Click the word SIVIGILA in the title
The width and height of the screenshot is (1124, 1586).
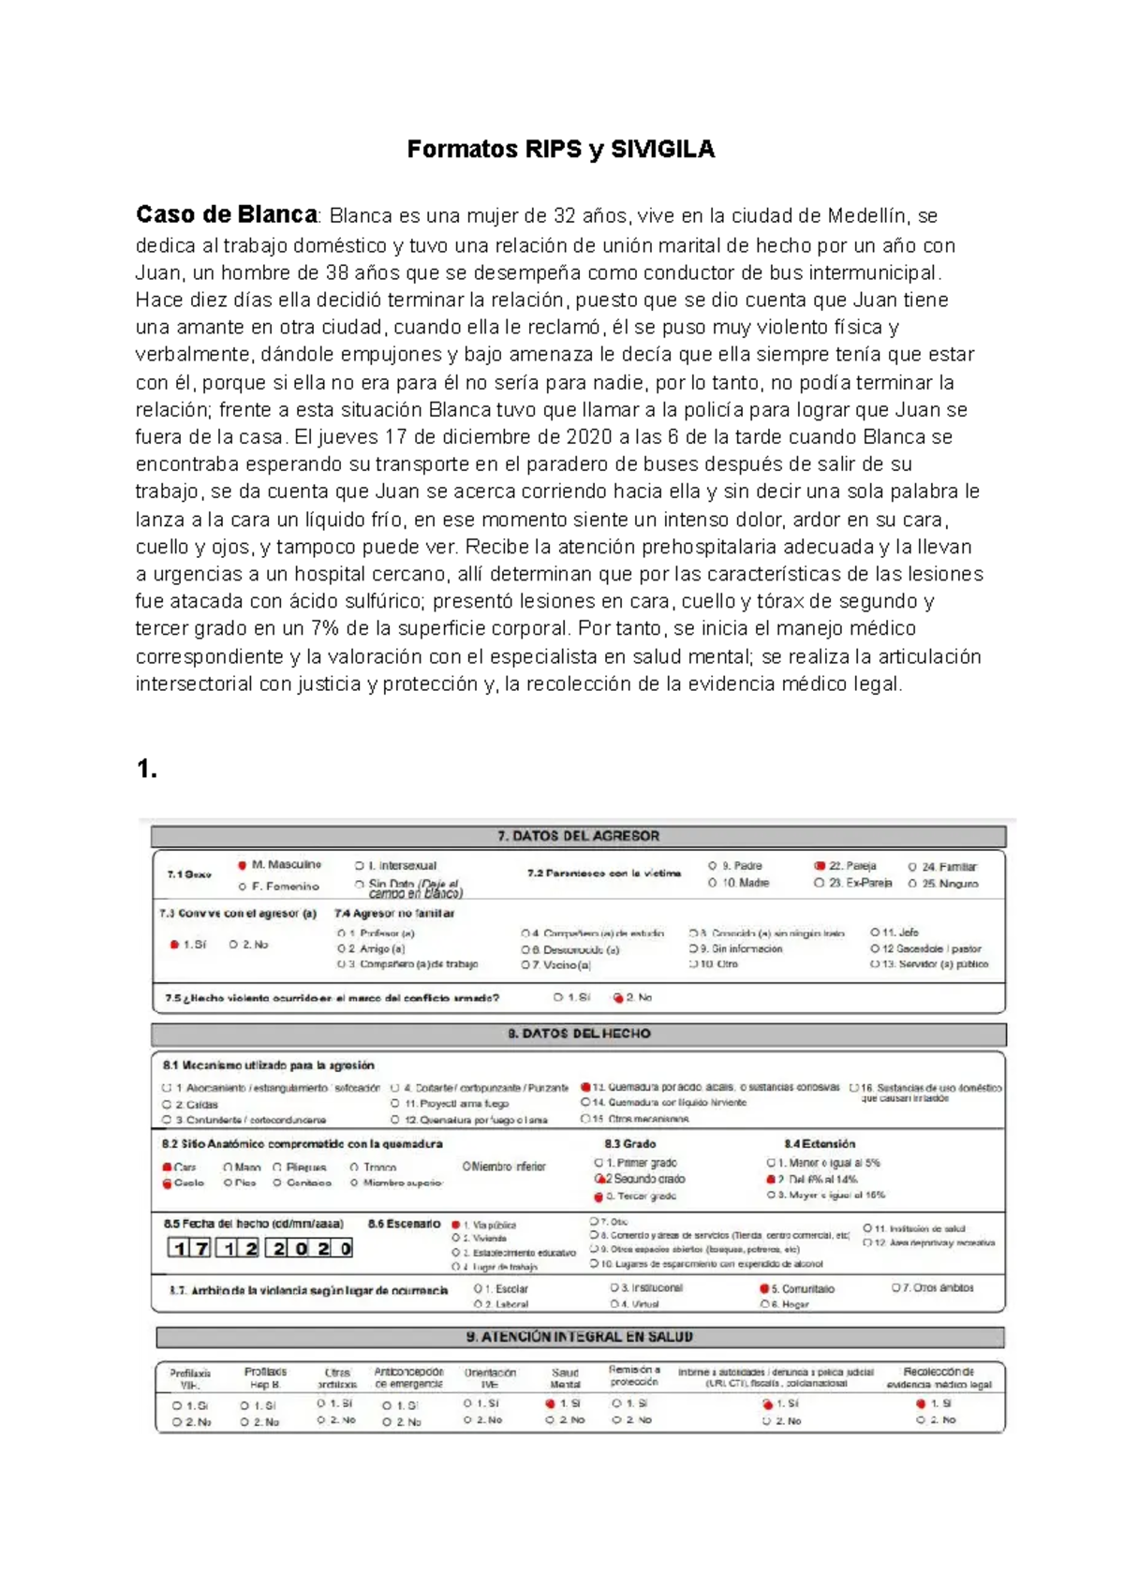tap(662, 150)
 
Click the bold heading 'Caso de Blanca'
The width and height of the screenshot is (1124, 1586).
tap(227, 214)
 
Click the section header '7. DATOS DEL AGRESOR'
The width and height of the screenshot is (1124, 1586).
tap(578, 836)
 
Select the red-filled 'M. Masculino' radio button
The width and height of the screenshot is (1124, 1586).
tap(242, 865)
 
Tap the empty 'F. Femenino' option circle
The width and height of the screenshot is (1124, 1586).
tap(242, 887)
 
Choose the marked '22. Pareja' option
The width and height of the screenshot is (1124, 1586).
tap(820, 866)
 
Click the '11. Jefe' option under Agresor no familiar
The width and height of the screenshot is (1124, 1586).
tap(900, 933)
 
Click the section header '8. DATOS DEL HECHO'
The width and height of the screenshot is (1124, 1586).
tap(578, 1034)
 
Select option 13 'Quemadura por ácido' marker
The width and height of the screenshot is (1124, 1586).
tap(585, 1088)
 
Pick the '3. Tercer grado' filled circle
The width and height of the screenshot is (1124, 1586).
tap(598, 1197)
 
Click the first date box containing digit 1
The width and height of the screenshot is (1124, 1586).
tap(178, 1248)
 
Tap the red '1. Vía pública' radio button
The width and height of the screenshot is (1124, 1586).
tap(456, 1225)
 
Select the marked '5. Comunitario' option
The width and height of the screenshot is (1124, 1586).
tap(764, 1289)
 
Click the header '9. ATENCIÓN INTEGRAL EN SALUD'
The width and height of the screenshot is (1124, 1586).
tap(579, 1337)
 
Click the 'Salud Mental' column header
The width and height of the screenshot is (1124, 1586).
tap(565, 1378)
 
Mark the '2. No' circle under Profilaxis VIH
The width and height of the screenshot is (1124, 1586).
tap(176, 1422)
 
